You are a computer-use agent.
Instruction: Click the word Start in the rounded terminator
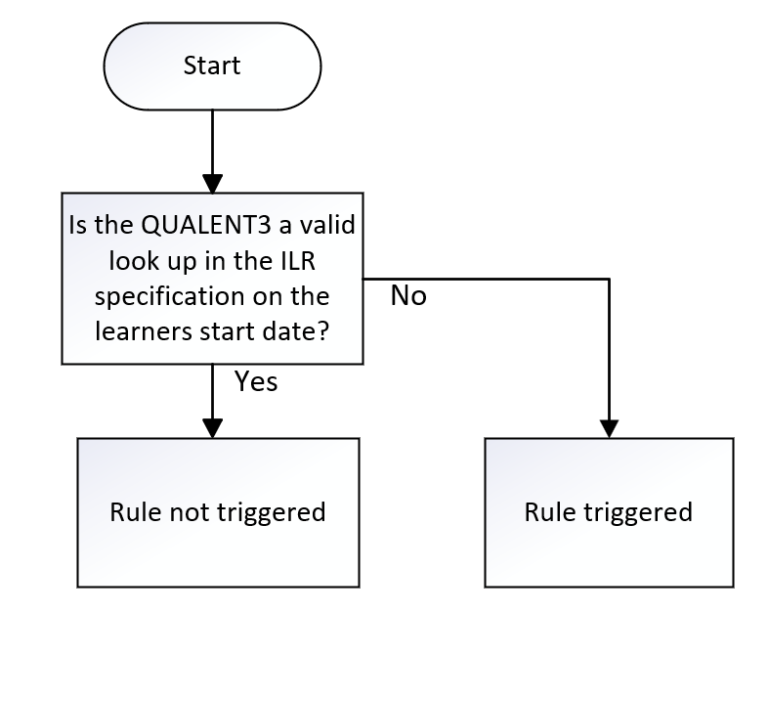click(212, 66)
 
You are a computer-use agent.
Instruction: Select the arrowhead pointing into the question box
click(213, 183)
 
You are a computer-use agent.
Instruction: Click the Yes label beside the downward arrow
click(256, 381)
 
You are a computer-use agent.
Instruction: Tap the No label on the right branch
click(408, 294)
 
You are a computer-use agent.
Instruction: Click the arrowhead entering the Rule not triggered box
click(213, 427)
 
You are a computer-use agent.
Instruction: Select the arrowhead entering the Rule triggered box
click(609, 427)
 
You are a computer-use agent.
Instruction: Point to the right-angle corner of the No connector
click(609, 279)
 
